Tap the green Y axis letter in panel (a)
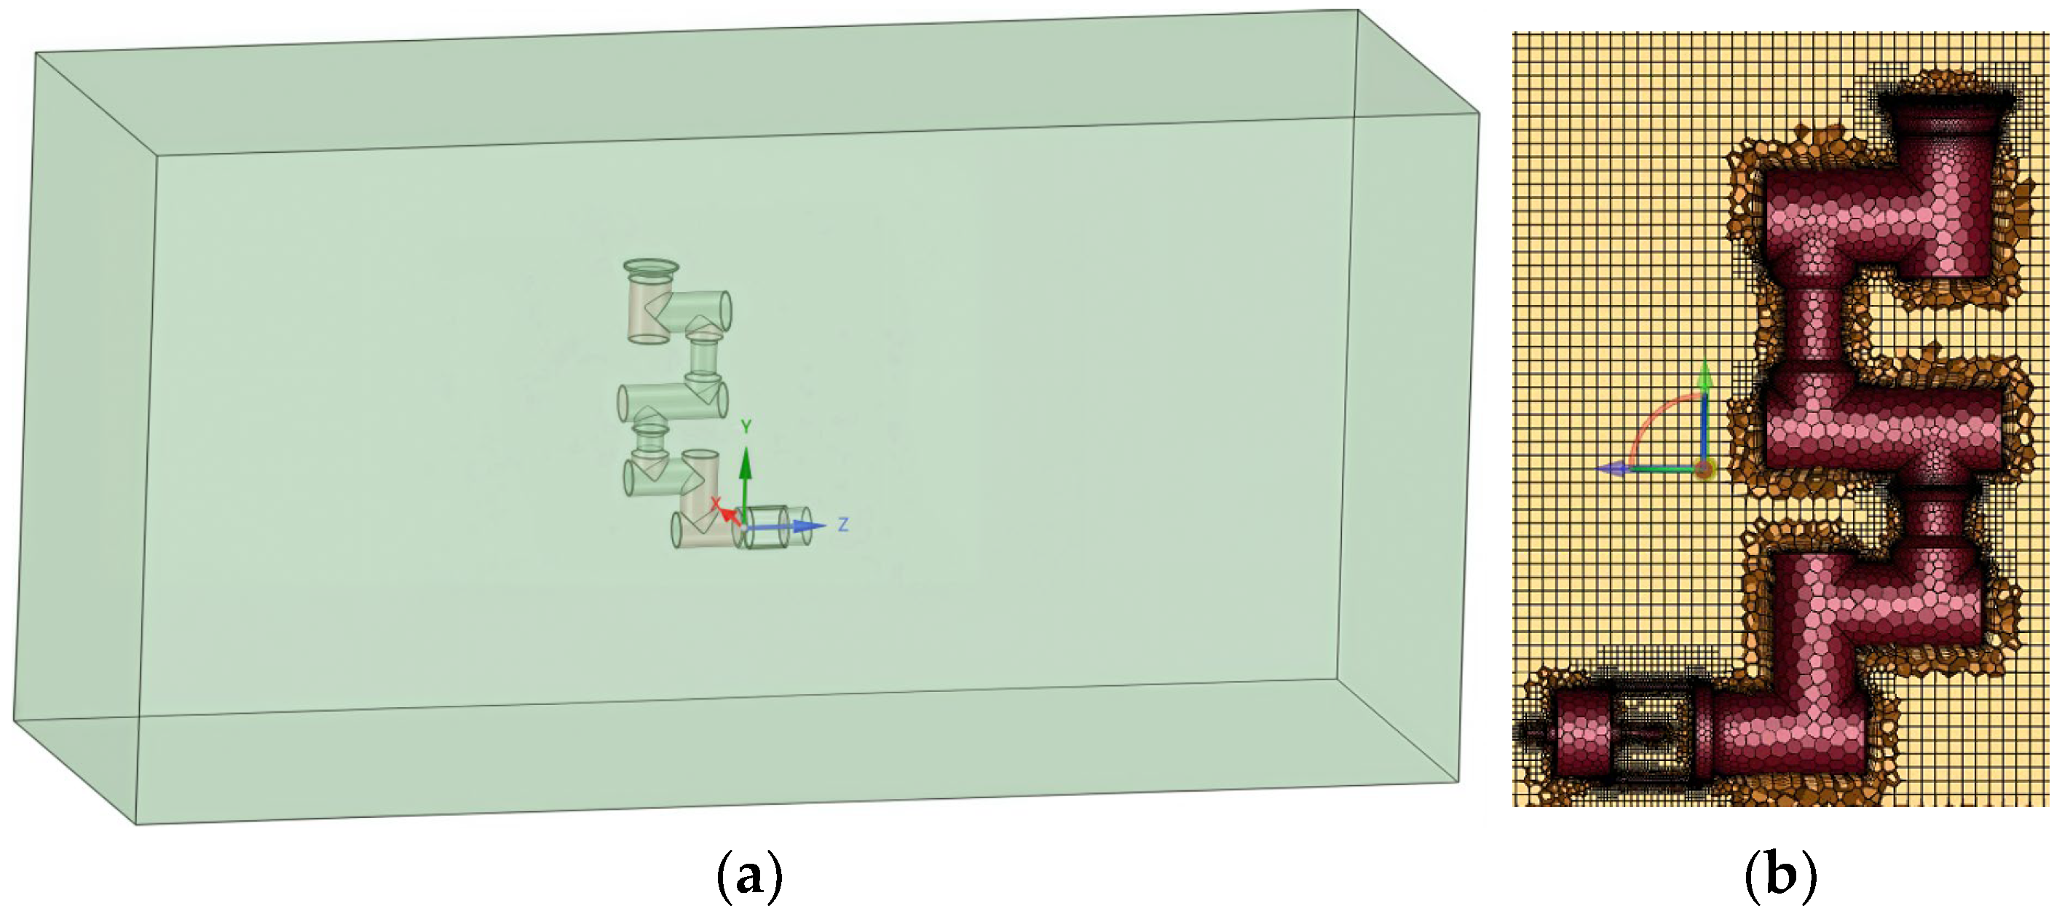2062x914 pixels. (x=746, y=428)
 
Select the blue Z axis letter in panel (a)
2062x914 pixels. (x=842, y=525)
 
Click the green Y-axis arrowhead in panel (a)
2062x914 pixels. (x=746, y=460)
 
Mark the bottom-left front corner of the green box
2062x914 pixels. (x=135, y=824)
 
